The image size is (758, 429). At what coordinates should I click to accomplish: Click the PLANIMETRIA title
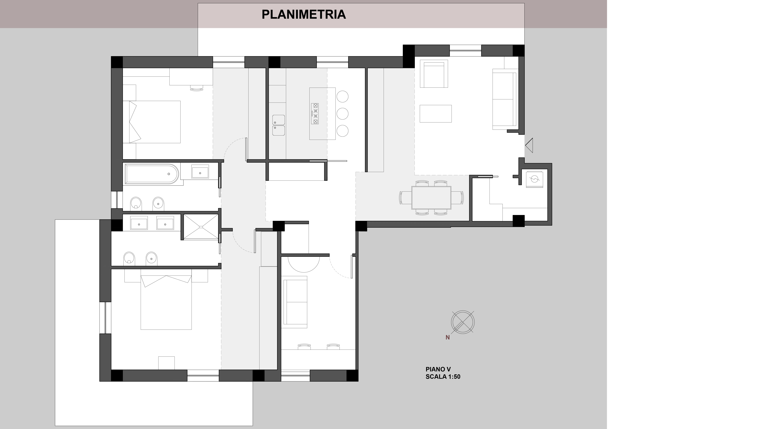(304, 14)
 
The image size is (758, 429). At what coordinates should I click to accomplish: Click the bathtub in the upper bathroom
(151, 174)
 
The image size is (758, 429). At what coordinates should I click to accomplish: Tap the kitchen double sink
(278, 125)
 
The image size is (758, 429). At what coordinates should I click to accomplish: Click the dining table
(431, 197)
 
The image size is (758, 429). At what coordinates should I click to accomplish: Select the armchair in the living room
(434, 74)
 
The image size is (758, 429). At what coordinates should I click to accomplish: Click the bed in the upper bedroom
(151, 122)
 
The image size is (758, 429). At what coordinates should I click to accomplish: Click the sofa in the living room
(505, 99)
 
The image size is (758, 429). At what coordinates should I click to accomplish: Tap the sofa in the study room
(295, 302)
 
